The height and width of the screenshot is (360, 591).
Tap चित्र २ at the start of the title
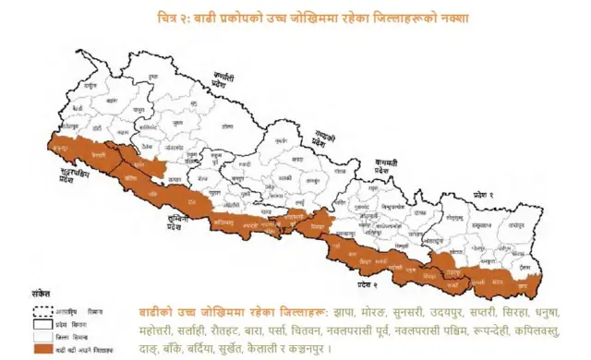(173, 18)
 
